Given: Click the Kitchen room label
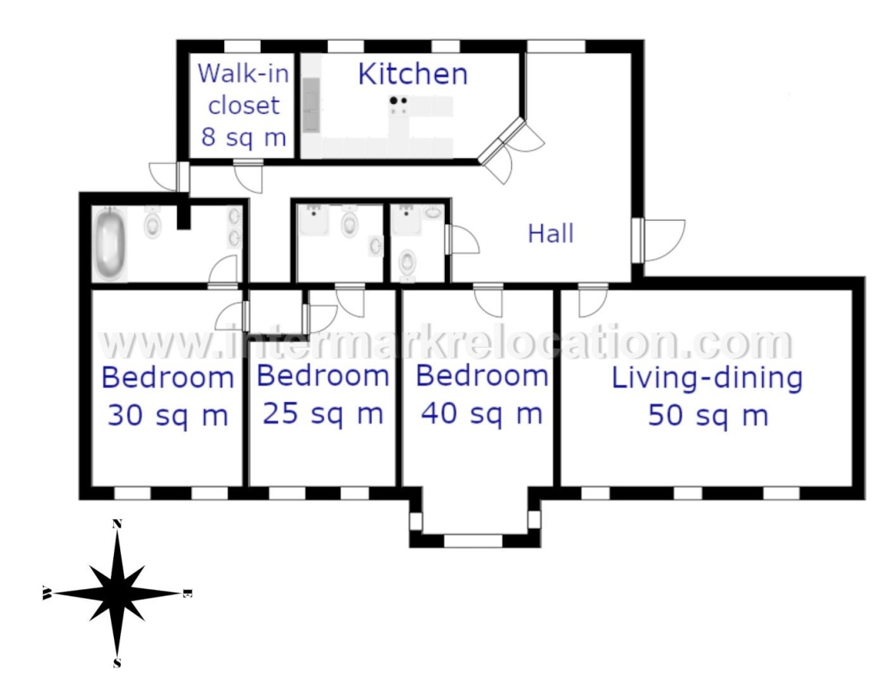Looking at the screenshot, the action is pos(413,73).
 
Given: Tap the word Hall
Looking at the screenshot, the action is pos(550,233).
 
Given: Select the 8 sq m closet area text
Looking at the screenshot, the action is pos(244,137).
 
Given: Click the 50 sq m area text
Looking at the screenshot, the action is pos(708,415).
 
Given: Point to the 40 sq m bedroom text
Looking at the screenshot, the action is pos(482,413).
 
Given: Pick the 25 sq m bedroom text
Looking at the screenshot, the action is pos(323,413).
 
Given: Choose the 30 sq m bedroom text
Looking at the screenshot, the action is pos(168,415).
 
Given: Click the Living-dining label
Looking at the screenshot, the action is pos(707,379).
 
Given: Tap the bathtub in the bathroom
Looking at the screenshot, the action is pos(109,244).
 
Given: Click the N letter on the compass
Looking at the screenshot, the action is pos(117,524).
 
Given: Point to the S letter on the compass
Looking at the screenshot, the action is pos(117,663).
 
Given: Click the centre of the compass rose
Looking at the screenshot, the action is pos(117,593).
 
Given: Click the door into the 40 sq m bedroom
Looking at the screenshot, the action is pos(488,300).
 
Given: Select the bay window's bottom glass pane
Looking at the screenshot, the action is pos(473,541).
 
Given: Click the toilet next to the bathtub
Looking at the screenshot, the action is pos(152,223).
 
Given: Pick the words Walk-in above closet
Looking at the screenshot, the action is pos(244,73).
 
